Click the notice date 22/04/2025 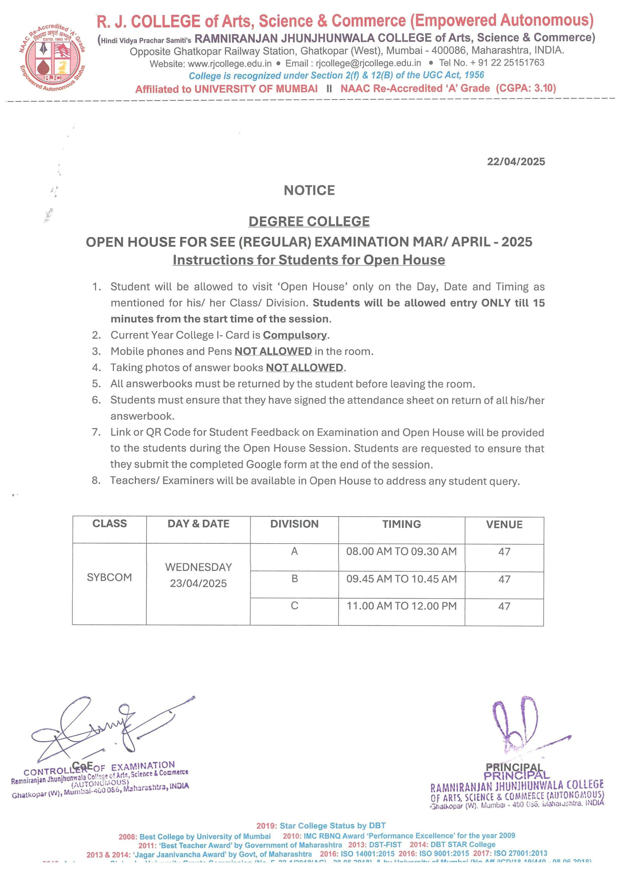coord(516,161)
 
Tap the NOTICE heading coord(309,190)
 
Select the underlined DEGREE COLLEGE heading coord(309,221)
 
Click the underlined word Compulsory coord(295,335)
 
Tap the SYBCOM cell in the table coord(110,577)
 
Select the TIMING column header coord(401,524)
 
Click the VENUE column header coord(504,524)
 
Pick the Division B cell coord(294,579)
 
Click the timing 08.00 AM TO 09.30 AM coord(401,551)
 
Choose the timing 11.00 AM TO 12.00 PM coord(401,606)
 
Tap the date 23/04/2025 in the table coord(198,583)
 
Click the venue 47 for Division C coord(504,606)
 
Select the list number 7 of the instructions coord(96,432)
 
